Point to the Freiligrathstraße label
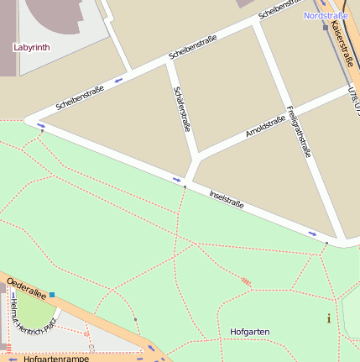299,132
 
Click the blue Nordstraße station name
326,15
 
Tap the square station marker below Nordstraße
325,27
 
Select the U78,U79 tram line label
353,99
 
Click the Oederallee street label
26,289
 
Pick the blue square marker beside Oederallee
52,295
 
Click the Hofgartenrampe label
56,358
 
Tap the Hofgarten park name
249,332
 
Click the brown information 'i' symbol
328,317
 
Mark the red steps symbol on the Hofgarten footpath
245,281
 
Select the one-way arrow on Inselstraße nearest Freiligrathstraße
312,233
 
